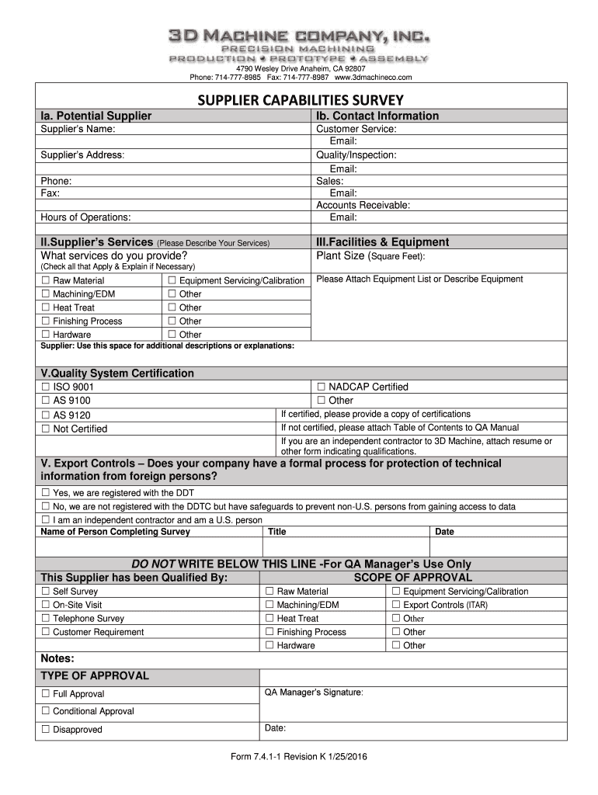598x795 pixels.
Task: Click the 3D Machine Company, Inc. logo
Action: [299, 47]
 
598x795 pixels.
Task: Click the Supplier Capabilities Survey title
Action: [300, 100]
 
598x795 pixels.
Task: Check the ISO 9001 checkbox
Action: [46, 387]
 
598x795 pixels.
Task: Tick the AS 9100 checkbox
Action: [46, 401]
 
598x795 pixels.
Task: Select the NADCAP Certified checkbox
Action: [321, 387]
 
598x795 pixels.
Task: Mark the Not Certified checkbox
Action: [46, 429]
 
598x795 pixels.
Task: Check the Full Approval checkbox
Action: [46, 693]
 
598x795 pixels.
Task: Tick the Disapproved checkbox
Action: [46, 729]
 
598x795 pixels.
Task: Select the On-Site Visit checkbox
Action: [46, 604]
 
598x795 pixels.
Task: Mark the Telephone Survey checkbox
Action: [46, 618]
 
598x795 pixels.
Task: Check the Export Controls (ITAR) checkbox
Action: [396, 604]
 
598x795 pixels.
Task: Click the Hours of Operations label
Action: [85, 217]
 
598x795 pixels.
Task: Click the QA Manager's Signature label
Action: [314, 692]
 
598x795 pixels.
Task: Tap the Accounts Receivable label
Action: [363, 205]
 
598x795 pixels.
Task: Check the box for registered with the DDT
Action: [46, 492]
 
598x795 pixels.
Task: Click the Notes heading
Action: [57, 658]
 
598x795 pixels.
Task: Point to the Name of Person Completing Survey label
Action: [115, 532]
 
